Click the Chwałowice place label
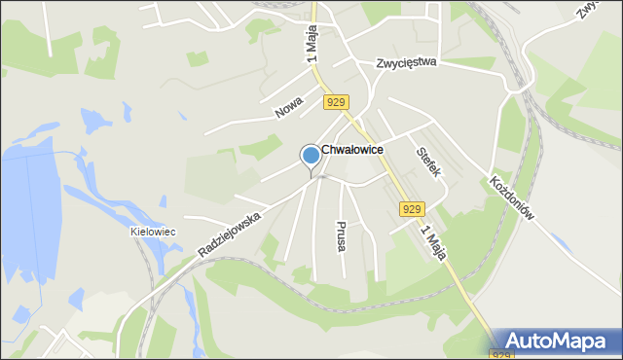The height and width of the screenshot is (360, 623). click(x=351, y=150)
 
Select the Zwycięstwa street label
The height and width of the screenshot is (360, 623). click(x=408, y=63)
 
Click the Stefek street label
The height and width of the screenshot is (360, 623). click(x=429, y=161)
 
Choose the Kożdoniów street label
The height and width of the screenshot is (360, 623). click(x=513, y=200)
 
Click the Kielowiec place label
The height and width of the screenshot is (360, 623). click(x=152, y=232)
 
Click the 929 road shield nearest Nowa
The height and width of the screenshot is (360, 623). click(x=336, y=102)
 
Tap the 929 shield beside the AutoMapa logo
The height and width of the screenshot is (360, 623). click(x=501, y=354)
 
